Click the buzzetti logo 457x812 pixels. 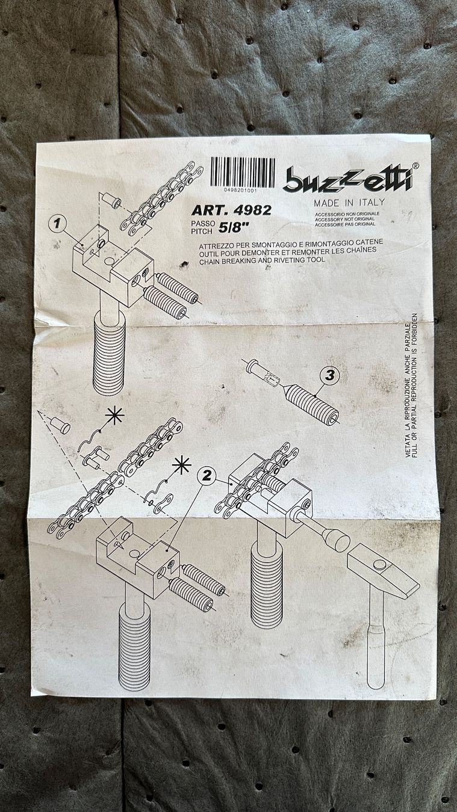click(x=349, y=179)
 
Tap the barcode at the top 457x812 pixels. click(x=243, y=172)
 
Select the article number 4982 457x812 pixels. click(x=253, y=211)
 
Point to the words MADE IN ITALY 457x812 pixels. click(x=349, y=202)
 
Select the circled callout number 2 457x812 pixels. click(x=206, y=475)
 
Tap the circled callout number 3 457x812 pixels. click(x=329, y=375)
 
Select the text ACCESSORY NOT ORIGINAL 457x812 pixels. click(x=344, y=220)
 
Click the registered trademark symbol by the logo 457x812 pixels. click(x=416, y=165)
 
